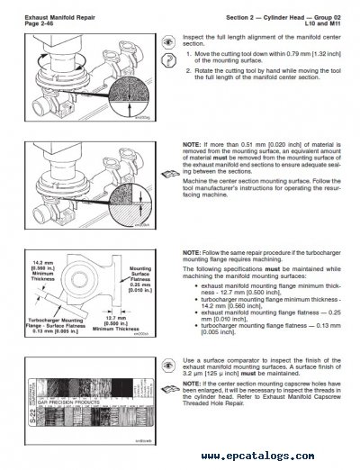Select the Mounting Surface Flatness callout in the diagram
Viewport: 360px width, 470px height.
pos(139,276)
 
